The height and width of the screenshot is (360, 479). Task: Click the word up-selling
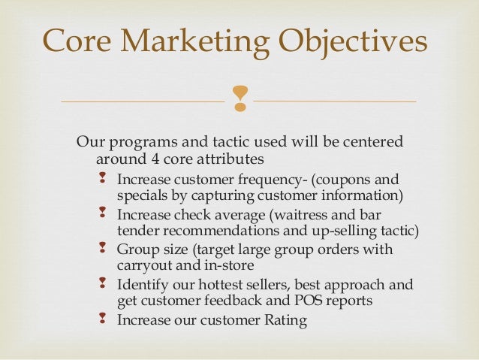(x=347, y=230)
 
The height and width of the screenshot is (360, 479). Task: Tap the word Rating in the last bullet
(x=282, y=320)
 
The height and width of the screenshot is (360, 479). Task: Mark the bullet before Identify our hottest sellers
(x=102, y=284)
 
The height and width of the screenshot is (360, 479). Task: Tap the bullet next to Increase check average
(x=102, y=214)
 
